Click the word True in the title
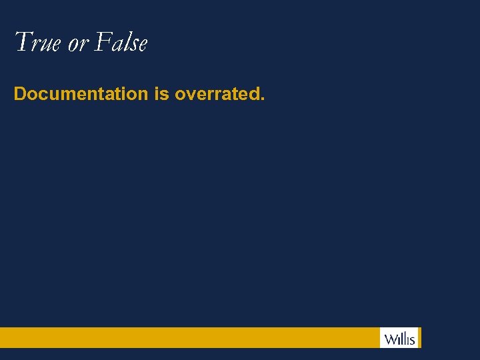pos(37,43)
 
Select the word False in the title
pos(121,43)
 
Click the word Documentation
pos(81,94)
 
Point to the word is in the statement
pos(161,94)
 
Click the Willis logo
pos(399,338)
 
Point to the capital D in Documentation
pos(20,94)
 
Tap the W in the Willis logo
pos(389,338)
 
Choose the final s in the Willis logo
pos(413,340)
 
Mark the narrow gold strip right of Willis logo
pos(420,337)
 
